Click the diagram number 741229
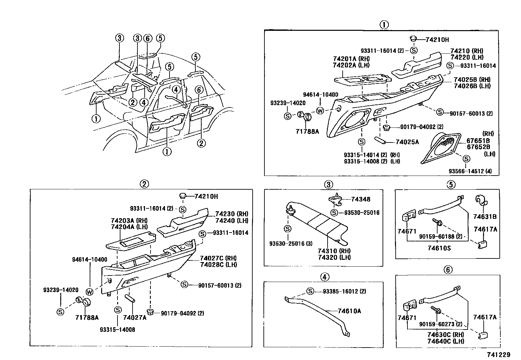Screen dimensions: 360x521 [499, 355]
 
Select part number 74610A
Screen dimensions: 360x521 [350, 311]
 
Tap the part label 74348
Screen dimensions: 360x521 [361, 199]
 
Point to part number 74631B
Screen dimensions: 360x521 [485, 216]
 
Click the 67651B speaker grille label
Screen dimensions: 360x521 [478, 141]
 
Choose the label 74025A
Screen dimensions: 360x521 [407, 142]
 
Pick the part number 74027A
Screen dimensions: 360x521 [135, 317]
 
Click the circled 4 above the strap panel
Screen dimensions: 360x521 [324, 277]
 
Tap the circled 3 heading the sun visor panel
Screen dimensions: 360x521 [329, 184]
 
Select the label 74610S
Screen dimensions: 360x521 [439, 248]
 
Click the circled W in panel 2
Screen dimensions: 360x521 [89, 291]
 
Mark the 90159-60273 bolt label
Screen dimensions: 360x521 [440, 324]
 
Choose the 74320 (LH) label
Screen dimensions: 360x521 [334, 257]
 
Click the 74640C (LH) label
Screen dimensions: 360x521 [445, 341]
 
